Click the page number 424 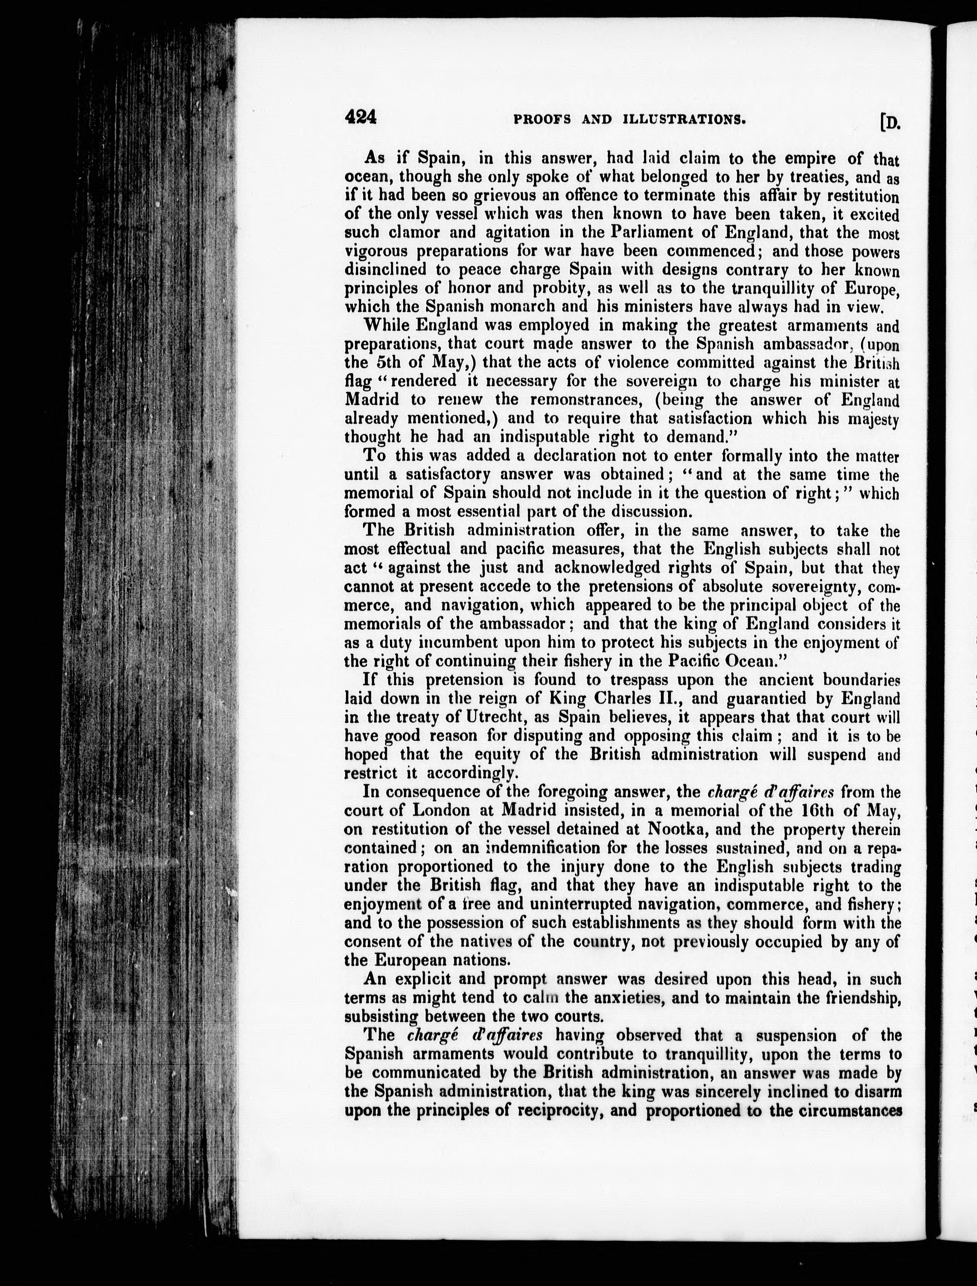361,118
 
